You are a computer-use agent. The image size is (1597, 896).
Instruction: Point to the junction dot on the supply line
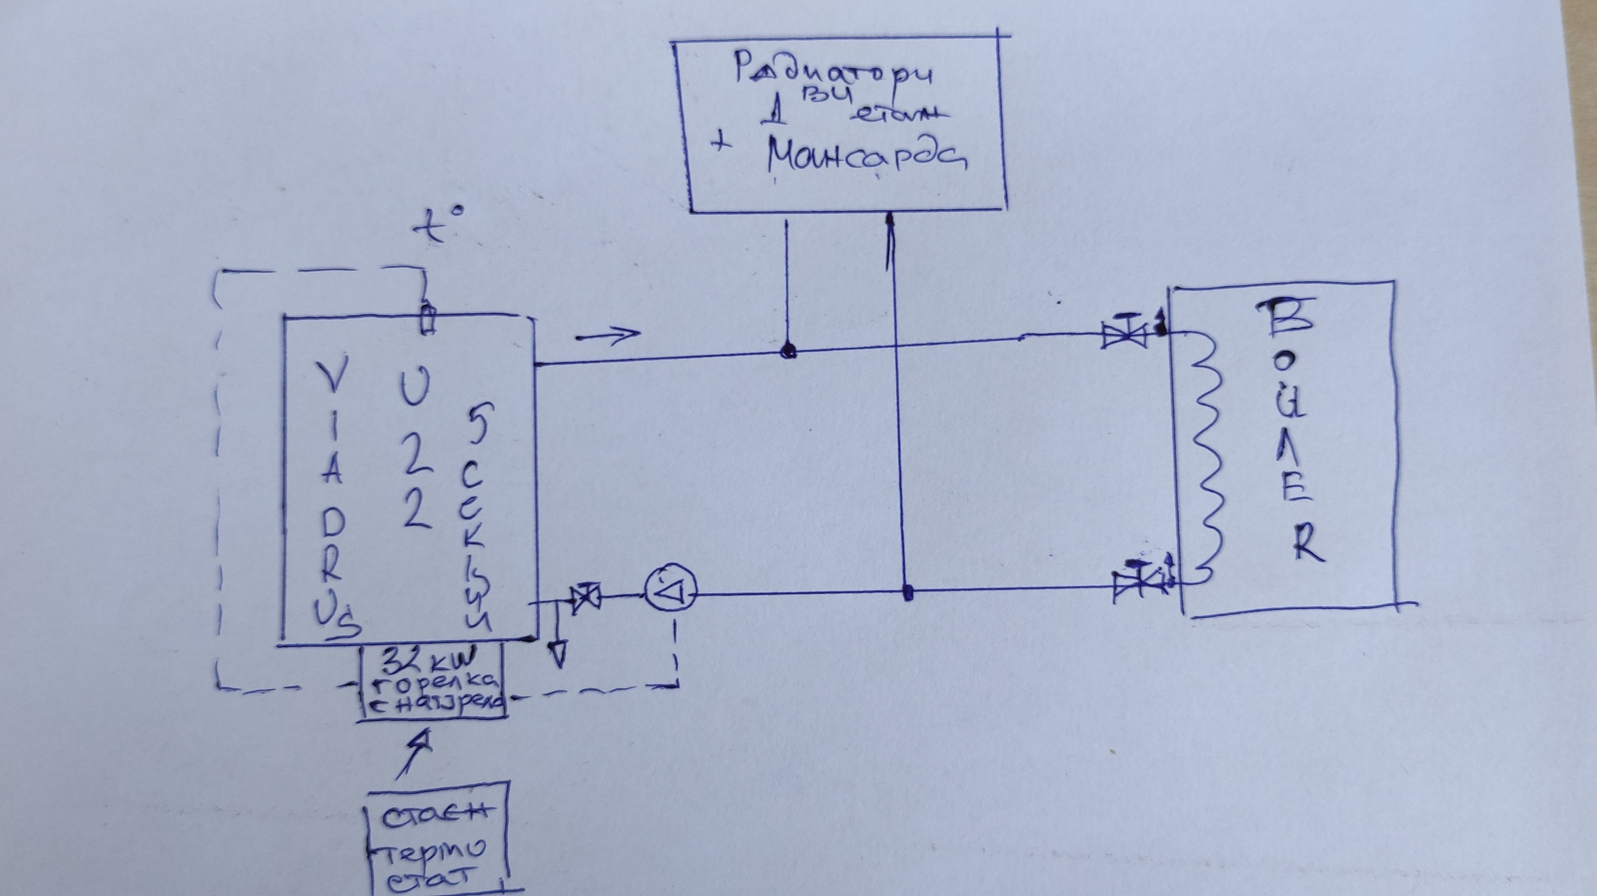click(787, 352)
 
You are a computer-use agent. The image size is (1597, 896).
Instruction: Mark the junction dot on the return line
click(908, 593)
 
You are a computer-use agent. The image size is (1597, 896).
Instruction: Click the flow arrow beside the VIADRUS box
click(608, 335)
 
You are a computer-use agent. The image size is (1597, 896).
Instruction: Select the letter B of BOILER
click(1293, 317)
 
